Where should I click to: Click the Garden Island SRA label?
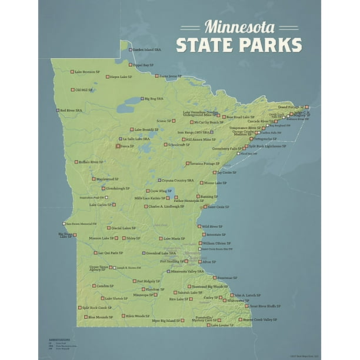click(x=147, y=49)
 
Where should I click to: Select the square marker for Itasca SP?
click(x=118, y=145)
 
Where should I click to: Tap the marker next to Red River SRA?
click(x=58, y=110)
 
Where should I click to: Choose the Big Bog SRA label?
click(x=154, y=99)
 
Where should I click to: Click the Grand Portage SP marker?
click(x=306, y=107)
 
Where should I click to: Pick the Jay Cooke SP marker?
click(x=215, y=173)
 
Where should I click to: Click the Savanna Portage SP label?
click(x=205, y=164)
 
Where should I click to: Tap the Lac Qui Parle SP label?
click(x=109, y=253)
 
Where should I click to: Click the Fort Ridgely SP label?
click(x=148, y=281)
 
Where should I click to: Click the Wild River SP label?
click(x=214, y=226)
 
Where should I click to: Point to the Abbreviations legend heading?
click(x=59, y=340)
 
